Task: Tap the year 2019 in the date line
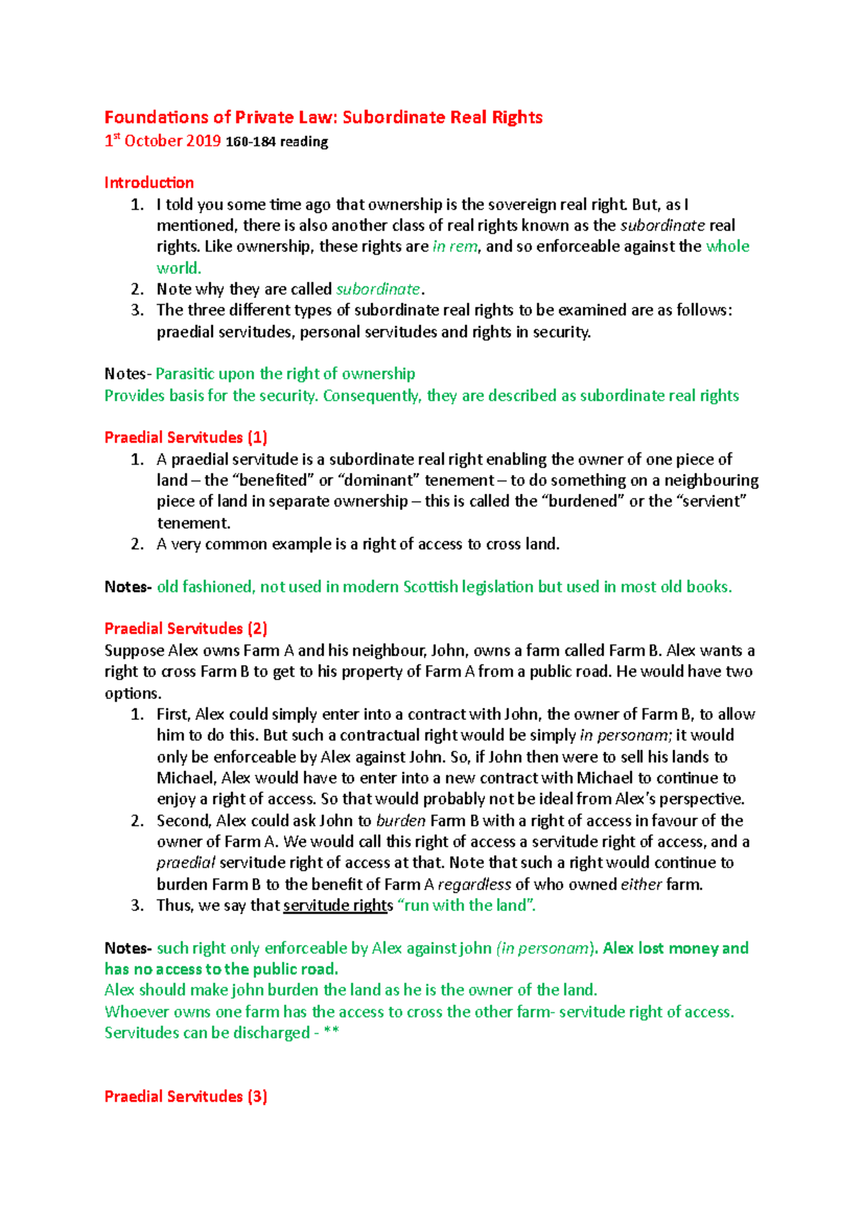click(x=204, y=141)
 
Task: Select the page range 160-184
click(x=251, y=142)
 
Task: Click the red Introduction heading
click(x=149, y=183)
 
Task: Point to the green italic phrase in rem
click(x=455, y=247)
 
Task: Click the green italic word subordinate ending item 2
click(x=378, y=289)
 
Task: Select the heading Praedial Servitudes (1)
click(x=186, y=437)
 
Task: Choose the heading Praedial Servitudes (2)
click(x=186, y=628)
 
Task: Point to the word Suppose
click(x=134, y=651)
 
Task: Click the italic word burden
click(x=401, y=820)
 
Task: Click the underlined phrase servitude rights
click(x=338, y=905)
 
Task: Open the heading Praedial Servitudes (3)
click(x=186, y=1097)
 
